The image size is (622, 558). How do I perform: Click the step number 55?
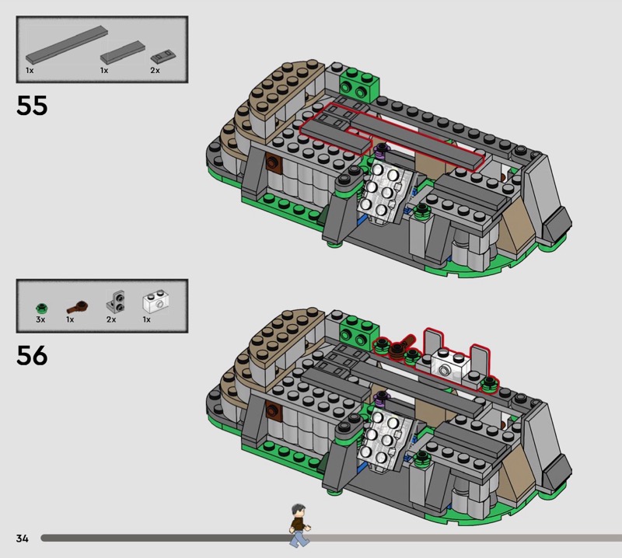(x=32, y=106)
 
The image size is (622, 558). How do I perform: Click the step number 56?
(x=32, y=355)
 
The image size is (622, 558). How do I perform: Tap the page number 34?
(x=23, y=538)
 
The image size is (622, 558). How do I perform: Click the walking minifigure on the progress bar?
(x=299, y=525)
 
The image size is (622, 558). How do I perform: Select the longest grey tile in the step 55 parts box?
(x=67, y=44)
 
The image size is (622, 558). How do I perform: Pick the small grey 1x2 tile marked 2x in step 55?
(x=163, y=56)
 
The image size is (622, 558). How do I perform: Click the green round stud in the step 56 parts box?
(x=41, y=309)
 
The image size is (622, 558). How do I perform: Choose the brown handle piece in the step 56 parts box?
(x=78, y=306)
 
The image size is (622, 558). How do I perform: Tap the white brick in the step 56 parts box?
(x=155, y=302)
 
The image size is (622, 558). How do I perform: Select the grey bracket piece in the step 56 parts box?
(x=115, y=301)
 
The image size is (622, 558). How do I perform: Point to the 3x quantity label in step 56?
(x=40, y=319)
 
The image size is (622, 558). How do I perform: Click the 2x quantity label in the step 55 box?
(x=155, y=70)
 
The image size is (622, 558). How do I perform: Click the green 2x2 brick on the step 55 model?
(x=359, y=85)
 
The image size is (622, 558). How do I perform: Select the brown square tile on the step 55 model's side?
(x=274, y=162)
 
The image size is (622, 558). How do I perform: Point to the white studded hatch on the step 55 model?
(x=382, y=191)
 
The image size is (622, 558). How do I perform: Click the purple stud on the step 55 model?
(x=381, y=150)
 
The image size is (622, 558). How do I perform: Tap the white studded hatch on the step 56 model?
(x=382, y=439)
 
